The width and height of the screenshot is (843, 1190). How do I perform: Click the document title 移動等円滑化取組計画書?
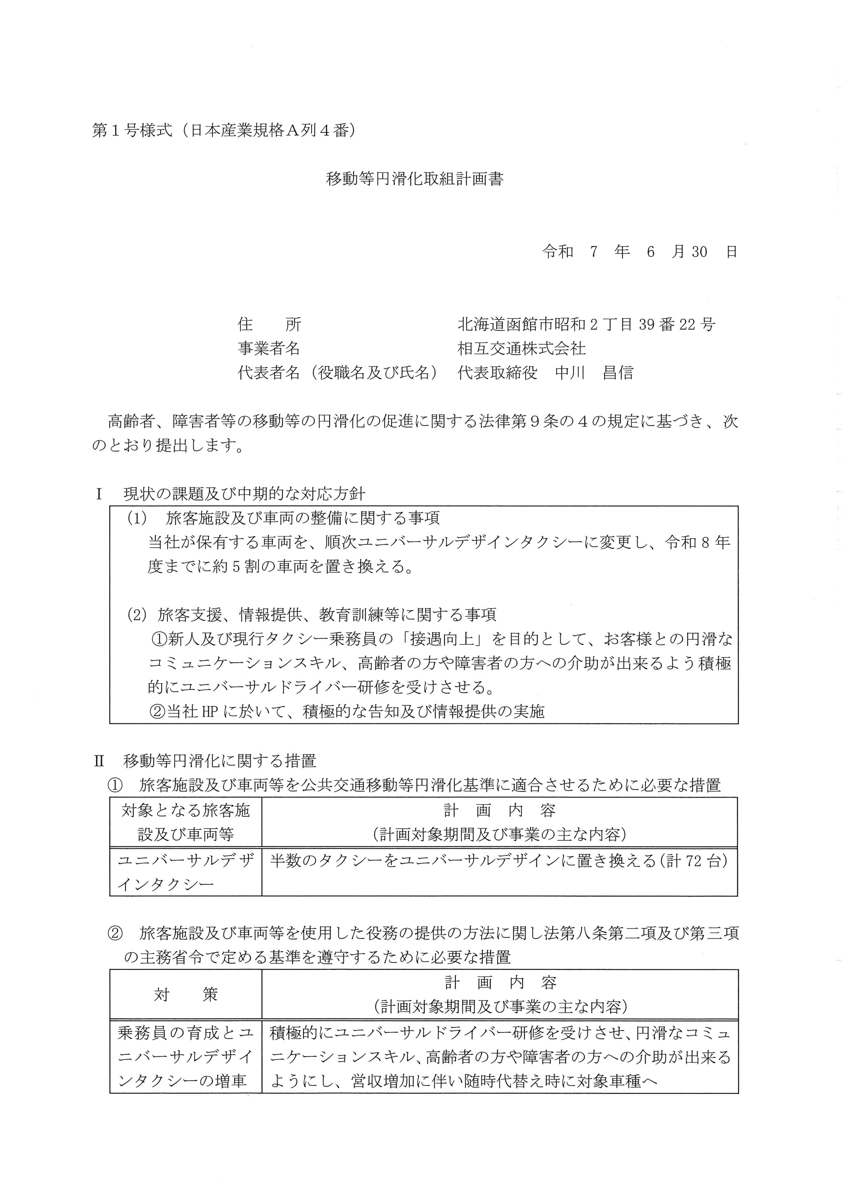(x=414, y=179)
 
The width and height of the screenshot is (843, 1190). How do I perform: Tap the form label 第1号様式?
(x=132, y=131)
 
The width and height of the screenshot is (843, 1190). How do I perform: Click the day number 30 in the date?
(x=699, y=252)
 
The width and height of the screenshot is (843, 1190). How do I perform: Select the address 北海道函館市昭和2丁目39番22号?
(x=586, y=325)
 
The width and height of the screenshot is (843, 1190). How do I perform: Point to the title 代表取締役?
(x=497, y=373)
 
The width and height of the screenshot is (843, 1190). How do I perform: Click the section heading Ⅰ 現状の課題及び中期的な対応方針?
(x=231, y=493)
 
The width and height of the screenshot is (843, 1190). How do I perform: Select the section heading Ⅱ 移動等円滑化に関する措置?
(x=206, y=761)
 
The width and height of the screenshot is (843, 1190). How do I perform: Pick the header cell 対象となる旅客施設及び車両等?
(x=185, y=822)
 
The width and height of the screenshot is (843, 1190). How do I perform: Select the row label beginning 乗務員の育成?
(x=185, y=1057)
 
